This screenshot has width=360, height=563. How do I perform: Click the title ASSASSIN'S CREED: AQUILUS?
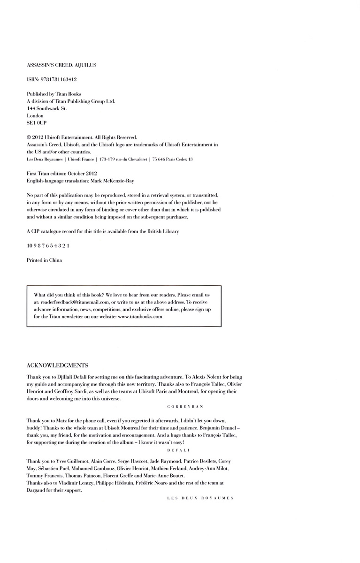click(61, 65)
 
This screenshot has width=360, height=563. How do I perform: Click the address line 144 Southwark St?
click(47, 108)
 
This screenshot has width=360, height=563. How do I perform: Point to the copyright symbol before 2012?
click(29, 137)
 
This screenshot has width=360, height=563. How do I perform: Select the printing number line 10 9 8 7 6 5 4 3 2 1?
click(49, 245)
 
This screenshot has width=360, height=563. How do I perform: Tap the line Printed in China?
click(44, 260)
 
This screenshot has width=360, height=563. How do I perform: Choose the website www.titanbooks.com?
click(140, 317)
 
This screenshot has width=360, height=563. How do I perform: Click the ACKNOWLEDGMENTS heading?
click(57, 365)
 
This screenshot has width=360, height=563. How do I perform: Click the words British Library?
click(162, 231)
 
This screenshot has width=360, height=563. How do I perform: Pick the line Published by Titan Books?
click(54, 94)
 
